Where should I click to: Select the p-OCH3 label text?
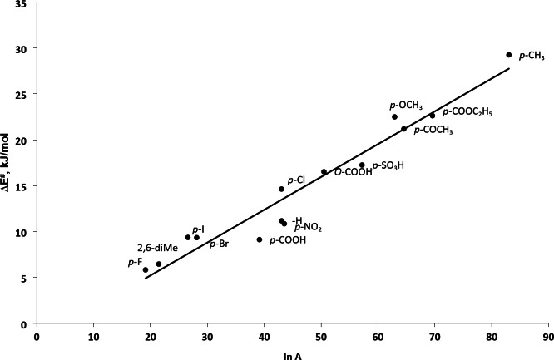[x=406, y=106]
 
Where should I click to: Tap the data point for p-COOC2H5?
[x=432, y=116]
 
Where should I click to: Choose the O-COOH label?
[x=353, y=172]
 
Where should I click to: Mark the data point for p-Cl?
[x=281, y=189]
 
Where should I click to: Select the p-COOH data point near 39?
[x=260, y=239]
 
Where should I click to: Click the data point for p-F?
[x=146, y=269]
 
